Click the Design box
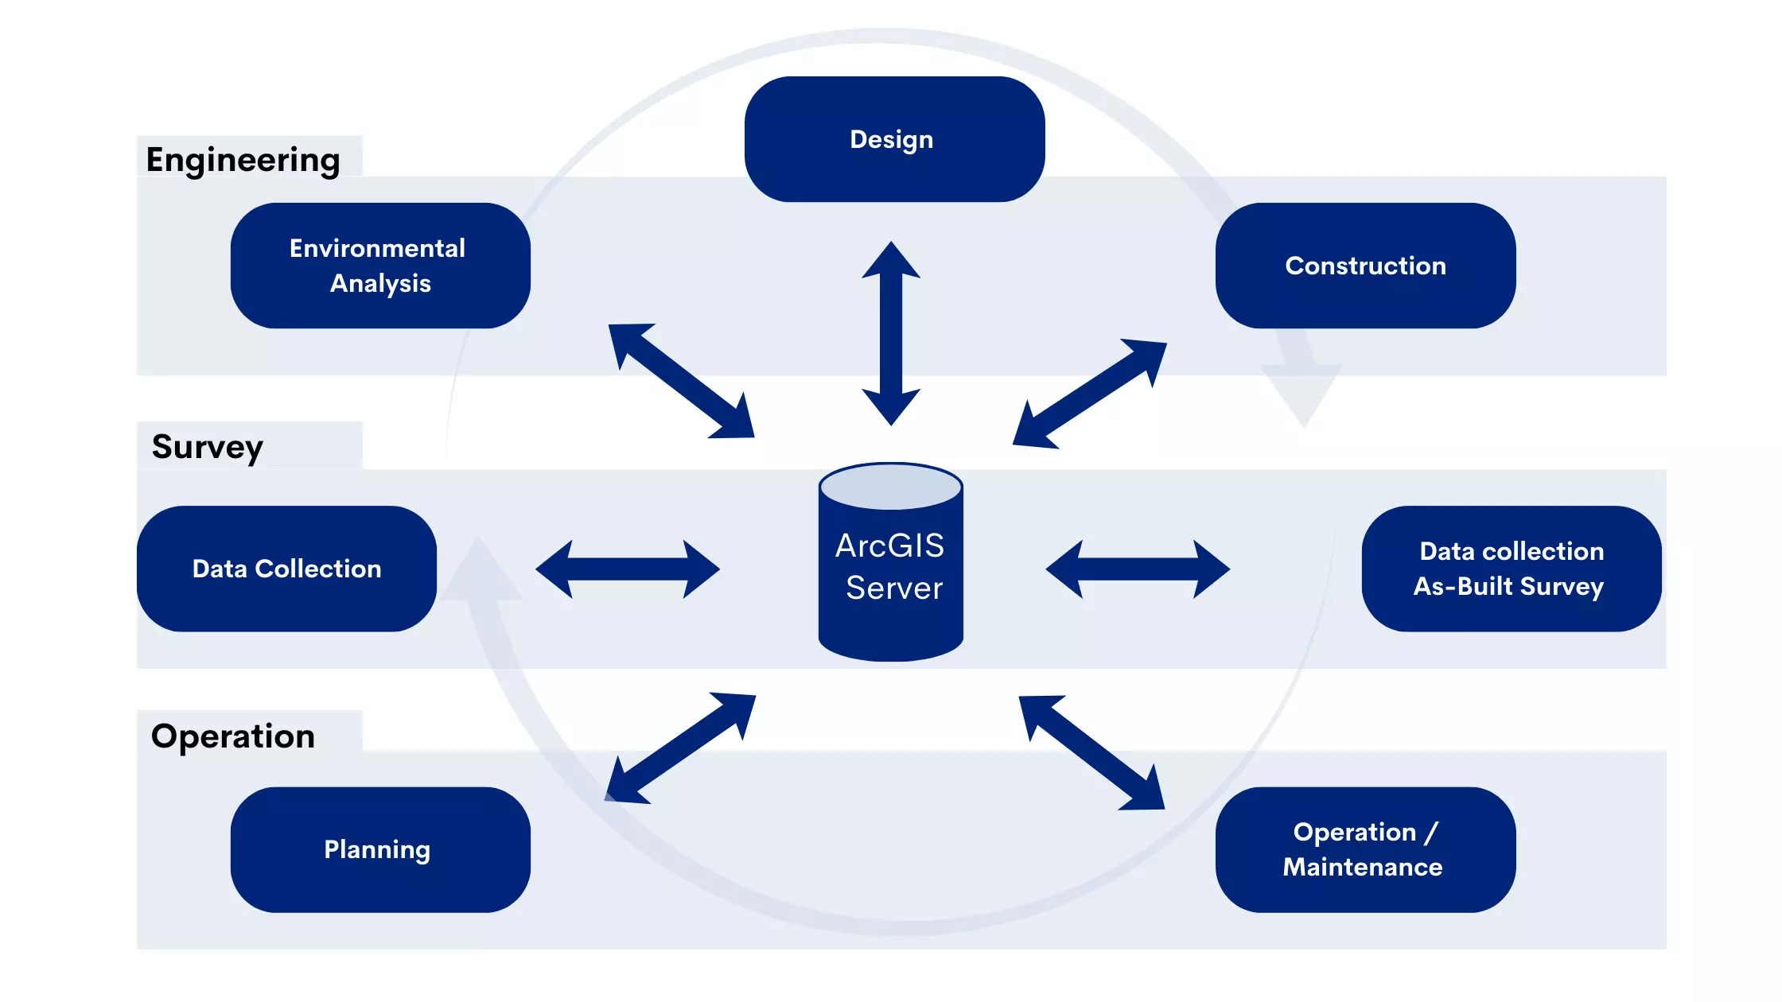tap(894, 139)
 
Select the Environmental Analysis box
tap(380, 266)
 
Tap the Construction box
tap(1365, 266)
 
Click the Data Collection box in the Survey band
tap(286, 569)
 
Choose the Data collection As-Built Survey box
tap(1511, 569)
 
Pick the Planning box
tap(380, 849)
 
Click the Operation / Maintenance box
tap(1365, 849)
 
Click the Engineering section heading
tap(243, 160)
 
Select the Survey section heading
tap(208, 447)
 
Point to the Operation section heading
tap(233, 736)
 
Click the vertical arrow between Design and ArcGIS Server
tap(891, 334)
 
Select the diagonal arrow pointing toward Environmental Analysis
tap(681, 381)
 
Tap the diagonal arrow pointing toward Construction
tap(1090, 394)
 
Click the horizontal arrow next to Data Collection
tap(628, 569)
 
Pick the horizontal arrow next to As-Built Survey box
tap(1138, 569)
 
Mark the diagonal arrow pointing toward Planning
tap(680, 748)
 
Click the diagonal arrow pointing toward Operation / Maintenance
tap(1091, 752)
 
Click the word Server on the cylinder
tap(894, 588)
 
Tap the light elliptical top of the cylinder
tap(891, 487)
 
